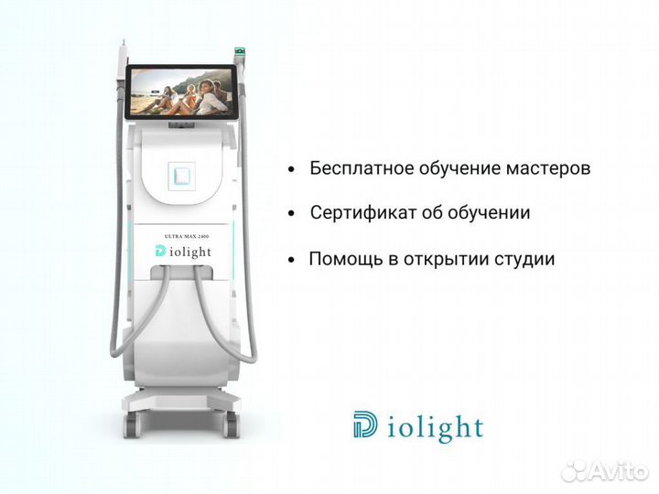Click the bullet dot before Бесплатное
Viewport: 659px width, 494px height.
pyautogui.click(x=291, y=170)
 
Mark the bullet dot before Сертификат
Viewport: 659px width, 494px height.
pyautogui.click(x=291, y=214)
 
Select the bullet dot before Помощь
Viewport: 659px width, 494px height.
pyautogui.click(x=291, y=260)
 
